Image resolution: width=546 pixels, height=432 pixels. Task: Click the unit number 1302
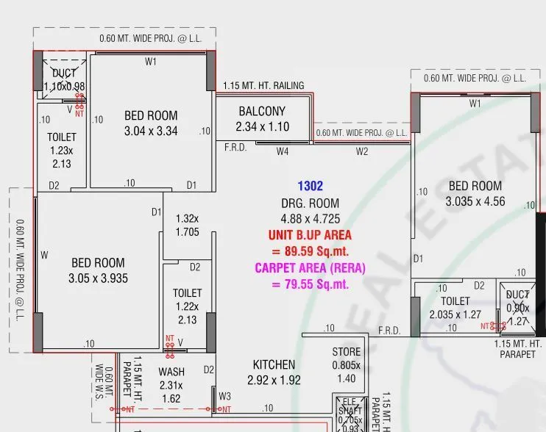point(310,187)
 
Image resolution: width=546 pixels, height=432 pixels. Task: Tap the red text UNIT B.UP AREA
point(310,235)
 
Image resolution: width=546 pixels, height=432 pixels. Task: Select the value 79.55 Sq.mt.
point(310,284)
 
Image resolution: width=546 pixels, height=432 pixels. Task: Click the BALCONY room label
point(262,112)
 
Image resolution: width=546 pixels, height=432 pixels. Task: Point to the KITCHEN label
point(274,364)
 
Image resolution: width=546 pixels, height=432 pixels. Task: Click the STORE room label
point(346,352)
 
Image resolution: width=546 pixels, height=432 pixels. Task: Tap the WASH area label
point(171,372)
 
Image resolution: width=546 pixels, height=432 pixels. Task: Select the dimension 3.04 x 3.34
point(151,132)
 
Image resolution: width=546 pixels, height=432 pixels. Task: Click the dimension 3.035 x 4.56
point(475,201)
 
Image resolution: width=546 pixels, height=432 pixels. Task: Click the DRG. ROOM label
point(310,204)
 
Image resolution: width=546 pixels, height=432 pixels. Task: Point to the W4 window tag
point(283,152)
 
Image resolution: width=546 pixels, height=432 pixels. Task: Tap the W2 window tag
point(362,152)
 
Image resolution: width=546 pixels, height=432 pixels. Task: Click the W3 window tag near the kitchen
point(224,397)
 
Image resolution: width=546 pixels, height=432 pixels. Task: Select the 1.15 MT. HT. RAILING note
point(263,86)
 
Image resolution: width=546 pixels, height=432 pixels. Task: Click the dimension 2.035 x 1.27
point(455,315)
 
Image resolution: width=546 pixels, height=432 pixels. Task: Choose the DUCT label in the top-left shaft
point(64,73)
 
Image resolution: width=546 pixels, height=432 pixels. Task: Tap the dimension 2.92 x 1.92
point(274,381)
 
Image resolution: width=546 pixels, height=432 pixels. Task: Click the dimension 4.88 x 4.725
point(310,219)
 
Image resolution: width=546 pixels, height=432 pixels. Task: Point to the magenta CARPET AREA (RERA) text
point(310,268)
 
